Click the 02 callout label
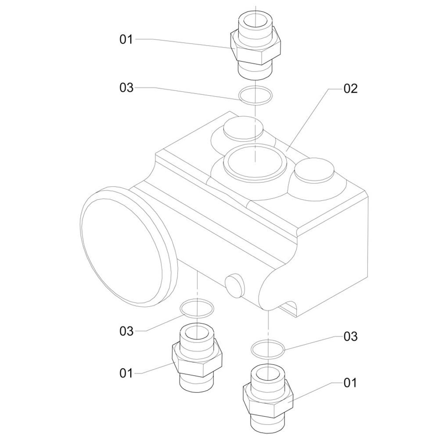tap(350, 89)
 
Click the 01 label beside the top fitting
tap(126, 40)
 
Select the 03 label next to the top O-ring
tap(126, 88)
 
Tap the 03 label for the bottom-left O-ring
tap(126, 331)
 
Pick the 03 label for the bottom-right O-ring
tap(350, 337)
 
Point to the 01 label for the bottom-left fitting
tap(126, 373)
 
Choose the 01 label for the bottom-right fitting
tap(350, 383)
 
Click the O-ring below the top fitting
tap(255, 95)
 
